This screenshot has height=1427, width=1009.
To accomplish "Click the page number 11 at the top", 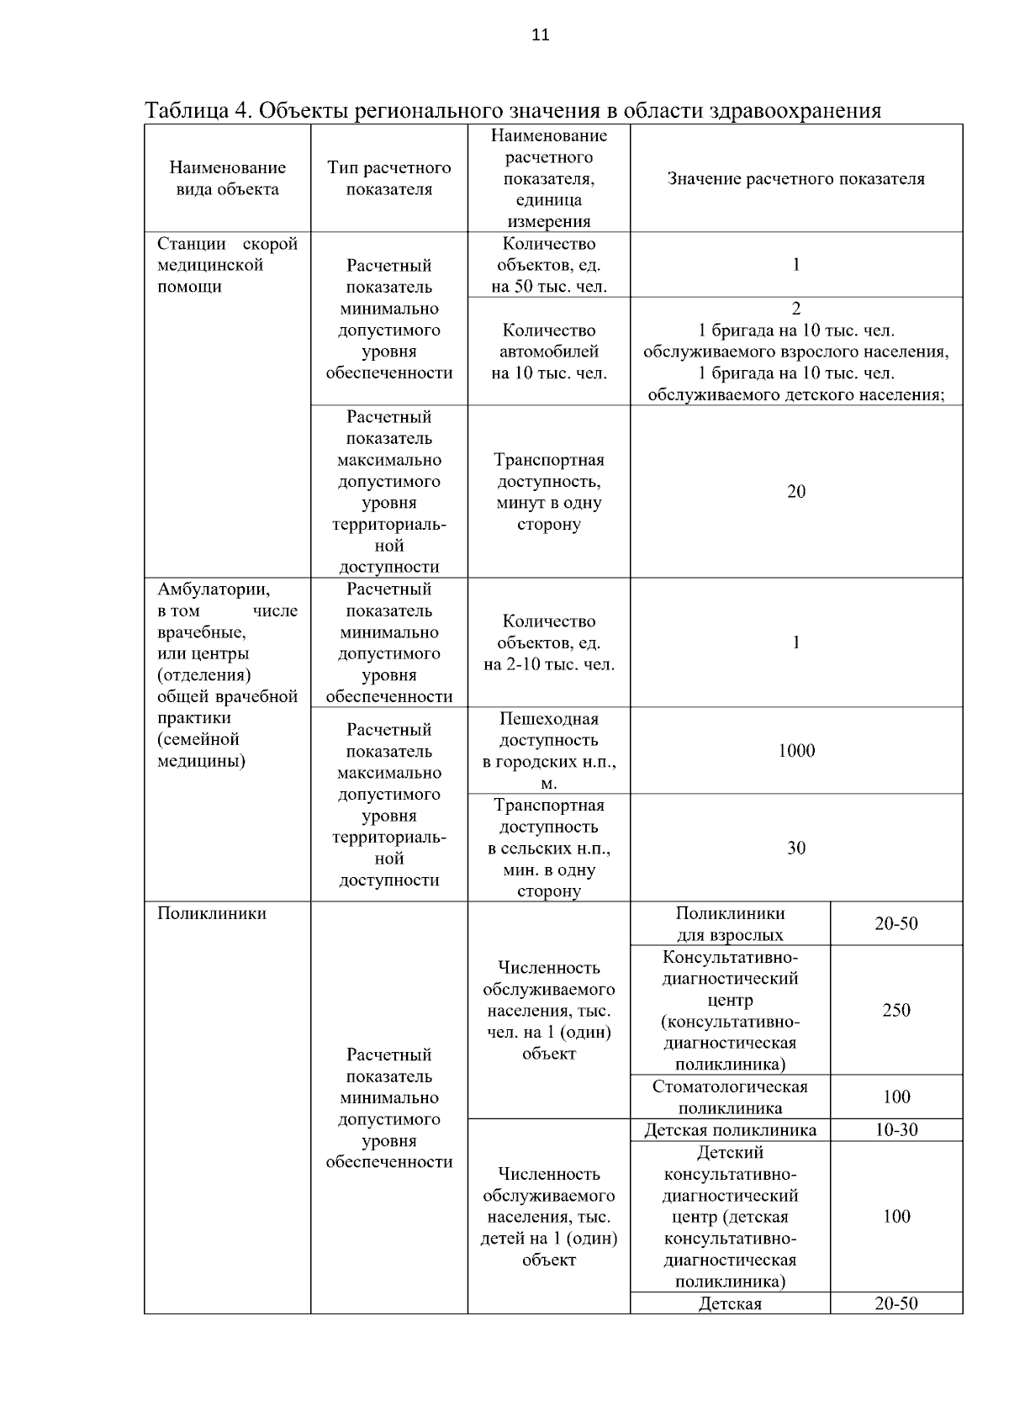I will pyautogui.click(x=541, y=34).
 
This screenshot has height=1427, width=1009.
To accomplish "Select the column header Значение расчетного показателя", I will pyautogui.click(x=795, y=179).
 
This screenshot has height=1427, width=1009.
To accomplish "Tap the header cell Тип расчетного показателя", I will pyautogui.click(x=389, y=178).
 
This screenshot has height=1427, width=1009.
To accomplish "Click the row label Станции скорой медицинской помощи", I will pyautogui.click(x=227, y=265).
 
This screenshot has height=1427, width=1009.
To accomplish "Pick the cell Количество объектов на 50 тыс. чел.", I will pyautogui.click(x=548, y=265).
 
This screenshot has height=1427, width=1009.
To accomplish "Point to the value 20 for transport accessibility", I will pyautogui.click(x=795, y=492).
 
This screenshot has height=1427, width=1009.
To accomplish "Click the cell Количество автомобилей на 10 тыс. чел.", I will pyautogui.click(x=548, y=351).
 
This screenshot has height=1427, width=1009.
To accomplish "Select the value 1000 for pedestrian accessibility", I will pyautogui.click(x=795, y=751).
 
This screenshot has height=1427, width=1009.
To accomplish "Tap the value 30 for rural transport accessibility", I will pyautogui.click(x=795, y=848).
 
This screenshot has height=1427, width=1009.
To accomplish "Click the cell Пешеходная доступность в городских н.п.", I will pyautogui.click(x=548, y=751).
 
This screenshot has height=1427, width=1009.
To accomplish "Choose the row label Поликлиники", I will pyautogui.click(x=212, y=914).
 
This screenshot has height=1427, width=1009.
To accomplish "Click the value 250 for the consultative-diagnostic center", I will pyautogui.click(x=896, y=1010).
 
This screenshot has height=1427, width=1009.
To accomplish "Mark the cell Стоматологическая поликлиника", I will pyautogui.click(x=730, y=1097).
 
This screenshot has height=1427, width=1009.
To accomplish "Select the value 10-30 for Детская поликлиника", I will pyautogui.click(x=896, y=1130).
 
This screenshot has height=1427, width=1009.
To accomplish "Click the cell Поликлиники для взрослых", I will pyautogui.click(x=730, y=924).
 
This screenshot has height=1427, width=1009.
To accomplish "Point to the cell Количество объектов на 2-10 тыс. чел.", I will pyautogui.click(x=548, y=643).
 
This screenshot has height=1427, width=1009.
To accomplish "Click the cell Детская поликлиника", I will pyautogui.click(x=730, y=1130).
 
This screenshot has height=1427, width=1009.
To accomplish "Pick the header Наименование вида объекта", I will pyautogui.click(x=227, y=178).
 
